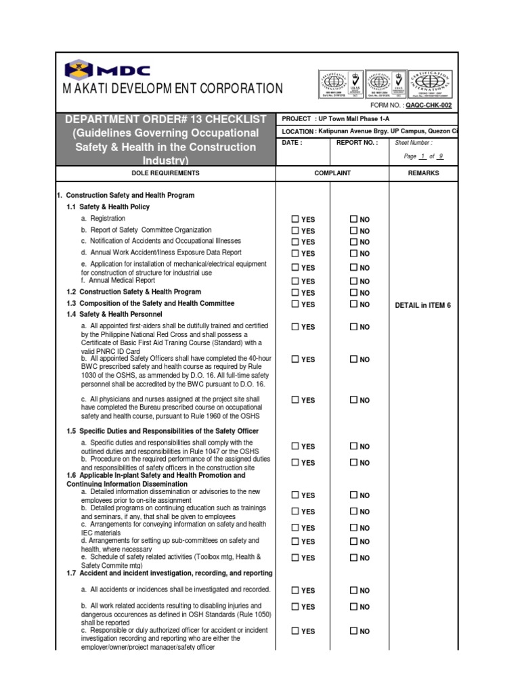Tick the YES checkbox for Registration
295,219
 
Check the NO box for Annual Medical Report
353,281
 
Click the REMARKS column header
423,173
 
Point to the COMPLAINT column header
332,173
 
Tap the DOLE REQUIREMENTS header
165,173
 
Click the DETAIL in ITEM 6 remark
422,305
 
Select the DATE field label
292,143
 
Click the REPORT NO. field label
357,143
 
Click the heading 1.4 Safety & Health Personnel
114,315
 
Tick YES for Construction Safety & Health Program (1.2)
295,292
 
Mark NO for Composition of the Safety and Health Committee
353,304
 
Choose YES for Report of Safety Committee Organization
295,231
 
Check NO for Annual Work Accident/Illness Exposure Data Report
353,253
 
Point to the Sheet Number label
413,143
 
